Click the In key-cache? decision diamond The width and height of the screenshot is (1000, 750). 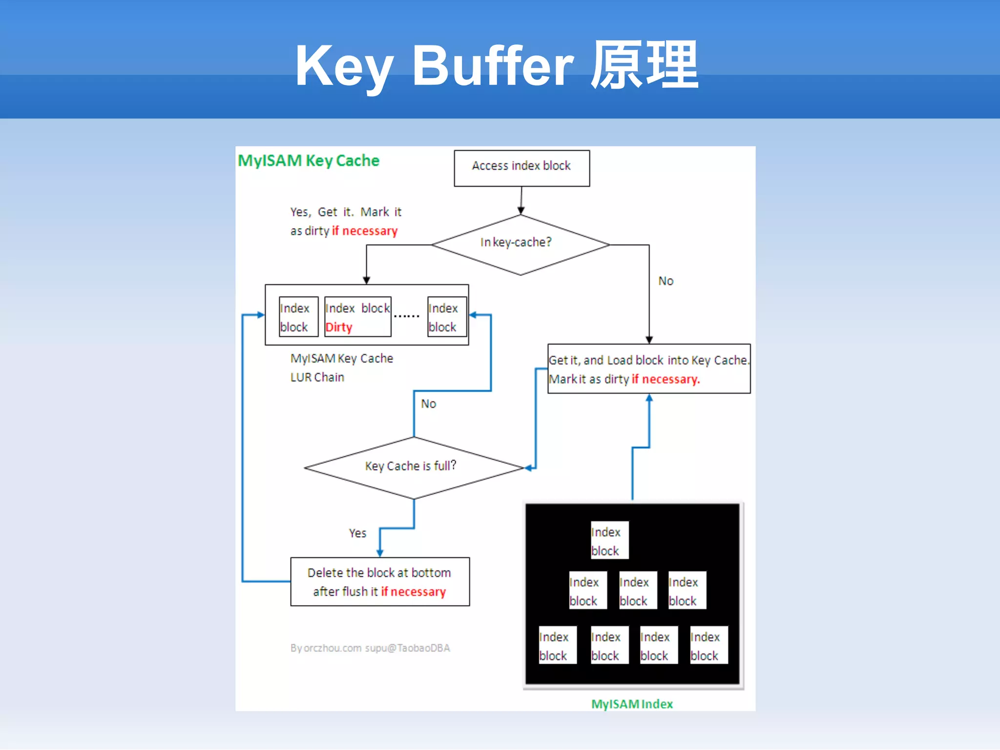point(520,244)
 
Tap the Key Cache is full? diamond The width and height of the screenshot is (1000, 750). point(413,467)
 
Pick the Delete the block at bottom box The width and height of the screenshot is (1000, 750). point(380,582)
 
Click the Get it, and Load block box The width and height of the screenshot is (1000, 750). point(648,369)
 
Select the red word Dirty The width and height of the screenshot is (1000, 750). point(339,327)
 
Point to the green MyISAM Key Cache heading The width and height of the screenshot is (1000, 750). point(308,161)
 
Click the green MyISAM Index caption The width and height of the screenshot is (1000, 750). point(632,704)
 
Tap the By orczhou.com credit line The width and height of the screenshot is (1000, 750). point(370,648)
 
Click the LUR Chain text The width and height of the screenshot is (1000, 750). point(317,377)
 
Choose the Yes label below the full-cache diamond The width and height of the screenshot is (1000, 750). point(357,533)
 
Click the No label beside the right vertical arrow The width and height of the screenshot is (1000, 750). point(666,281)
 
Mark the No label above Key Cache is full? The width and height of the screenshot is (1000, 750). point(428,404)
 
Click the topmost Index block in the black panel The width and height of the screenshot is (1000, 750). point(609,540)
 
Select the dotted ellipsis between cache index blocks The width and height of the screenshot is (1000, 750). point(406,316)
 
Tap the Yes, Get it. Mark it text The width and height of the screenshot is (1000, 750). point(346,212)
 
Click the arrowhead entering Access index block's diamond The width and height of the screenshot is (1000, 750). point(521,211)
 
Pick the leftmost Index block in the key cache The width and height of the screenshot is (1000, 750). point(298,317)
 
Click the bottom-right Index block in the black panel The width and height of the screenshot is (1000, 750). point(708,645)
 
